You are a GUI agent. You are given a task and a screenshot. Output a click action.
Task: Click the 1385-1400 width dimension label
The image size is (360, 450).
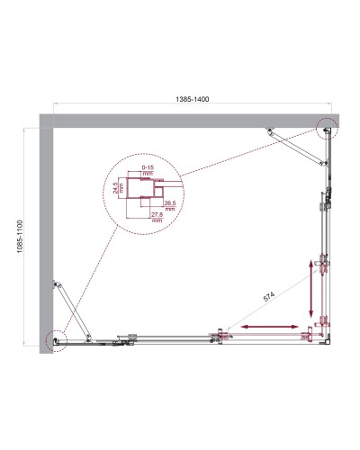tap(186, 102)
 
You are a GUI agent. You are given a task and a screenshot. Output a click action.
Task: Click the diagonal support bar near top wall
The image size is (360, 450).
tap(296, 143)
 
